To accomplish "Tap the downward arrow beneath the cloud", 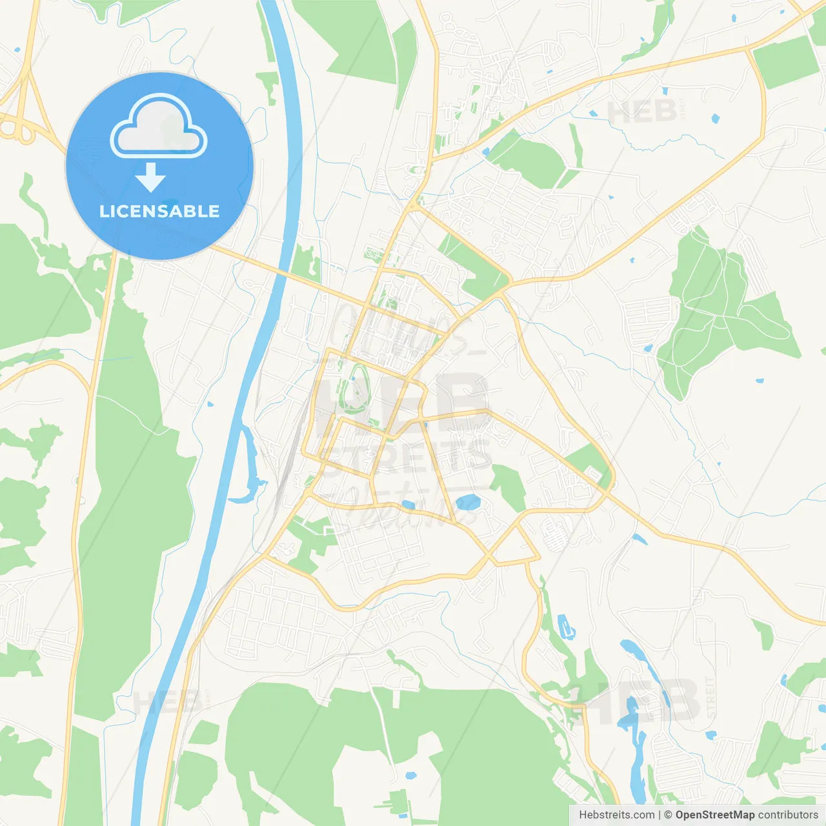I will [150, 177].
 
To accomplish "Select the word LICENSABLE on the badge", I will [159, 211].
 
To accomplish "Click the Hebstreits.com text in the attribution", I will [616, 815].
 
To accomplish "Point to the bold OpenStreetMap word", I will [715, 815].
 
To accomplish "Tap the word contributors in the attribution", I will [788, 815].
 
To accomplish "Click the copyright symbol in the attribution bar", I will [669, 815].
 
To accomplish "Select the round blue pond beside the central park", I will [467, 501].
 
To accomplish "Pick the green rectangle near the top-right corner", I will [785, 62].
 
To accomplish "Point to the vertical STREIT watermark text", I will [710, 697].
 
